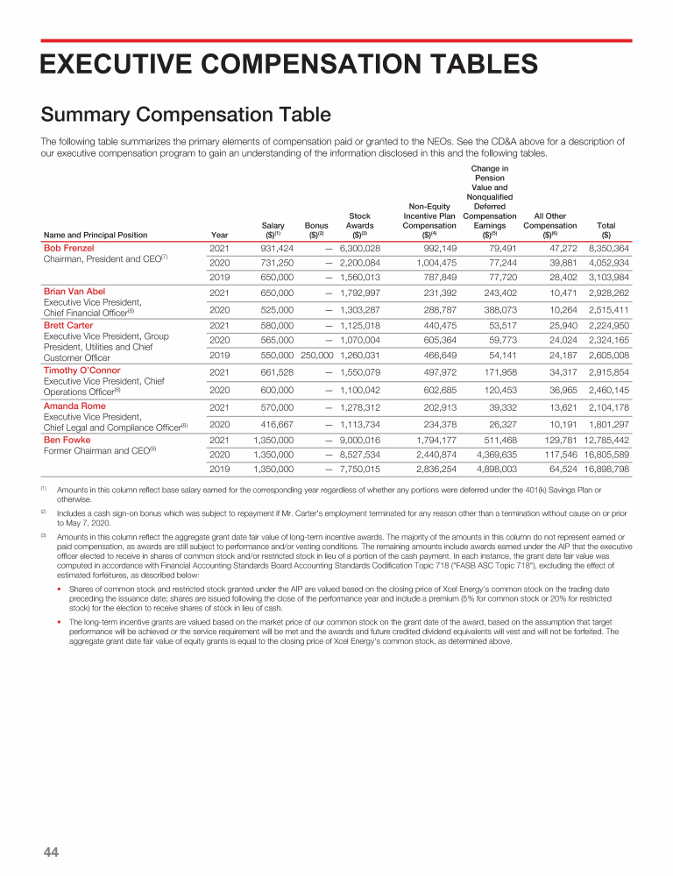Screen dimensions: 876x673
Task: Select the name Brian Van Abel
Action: coord(74,291)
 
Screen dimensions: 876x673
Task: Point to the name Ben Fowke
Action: coord(67,440)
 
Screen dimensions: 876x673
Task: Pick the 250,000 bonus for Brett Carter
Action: coord(316,356)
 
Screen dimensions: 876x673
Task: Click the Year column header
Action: coord(219,235)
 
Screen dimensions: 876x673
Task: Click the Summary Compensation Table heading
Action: coord(186,115)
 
